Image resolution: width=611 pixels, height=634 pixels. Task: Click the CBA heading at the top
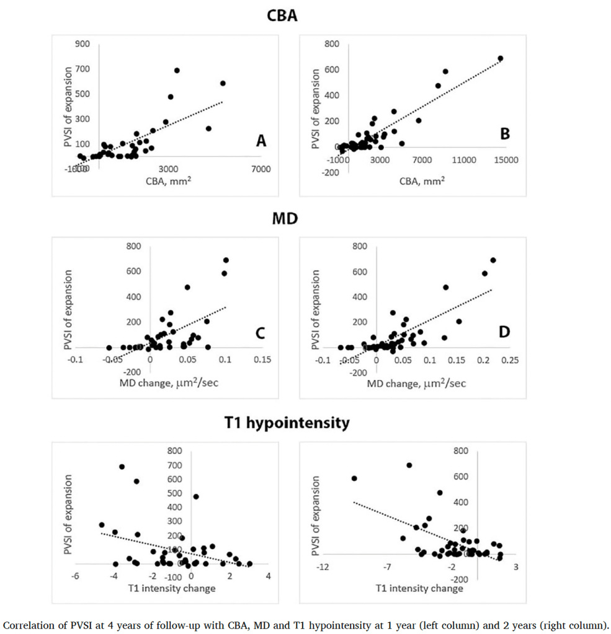282,16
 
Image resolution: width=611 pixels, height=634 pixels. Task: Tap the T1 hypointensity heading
287,423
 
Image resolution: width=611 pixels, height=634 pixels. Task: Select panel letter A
261,142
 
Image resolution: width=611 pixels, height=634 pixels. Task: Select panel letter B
505,133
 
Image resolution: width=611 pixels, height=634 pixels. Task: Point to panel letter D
504,332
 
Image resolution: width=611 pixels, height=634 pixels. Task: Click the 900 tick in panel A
83,44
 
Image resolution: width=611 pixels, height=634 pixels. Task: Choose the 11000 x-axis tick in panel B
464,159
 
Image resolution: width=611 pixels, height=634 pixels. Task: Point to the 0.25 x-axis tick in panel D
510,359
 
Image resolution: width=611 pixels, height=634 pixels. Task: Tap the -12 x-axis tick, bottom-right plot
323,566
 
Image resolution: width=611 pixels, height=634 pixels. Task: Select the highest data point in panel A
177,71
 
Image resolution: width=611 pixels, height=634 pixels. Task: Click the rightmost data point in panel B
501,58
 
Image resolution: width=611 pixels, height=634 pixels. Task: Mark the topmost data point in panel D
493,260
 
